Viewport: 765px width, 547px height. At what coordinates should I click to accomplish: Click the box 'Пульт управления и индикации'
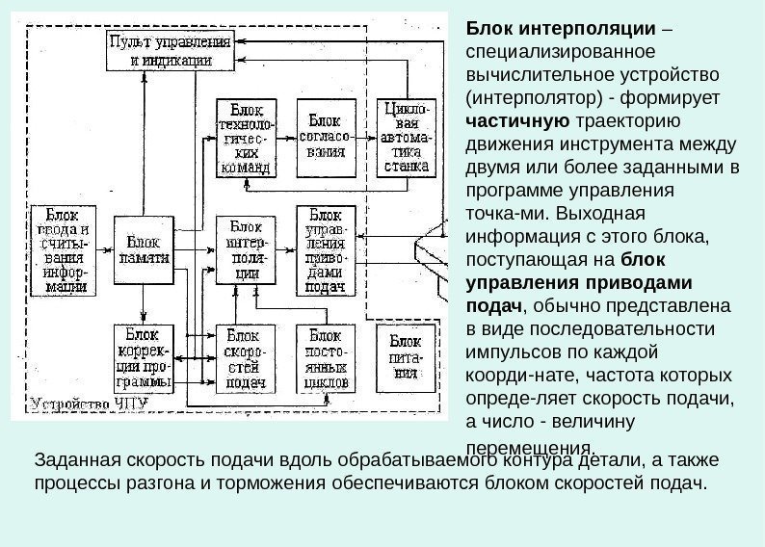click(x=170, y=50)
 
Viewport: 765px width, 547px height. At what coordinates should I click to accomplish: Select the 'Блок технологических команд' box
click(x=245, y=138)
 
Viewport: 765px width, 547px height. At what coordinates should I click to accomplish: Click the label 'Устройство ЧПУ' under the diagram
click(x=89, y=404)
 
